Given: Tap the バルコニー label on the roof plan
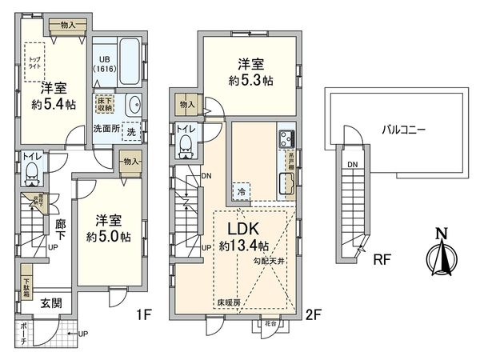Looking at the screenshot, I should (x=403, y=128).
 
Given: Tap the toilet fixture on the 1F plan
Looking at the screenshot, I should (x=33, y=170).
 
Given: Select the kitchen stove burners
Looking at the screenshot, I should (x=286, y=138).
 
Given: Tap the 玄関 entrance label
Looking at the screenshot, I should (x=50, y=304).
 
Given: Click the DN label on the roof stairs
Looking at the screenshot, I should (x=352, y=165).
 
